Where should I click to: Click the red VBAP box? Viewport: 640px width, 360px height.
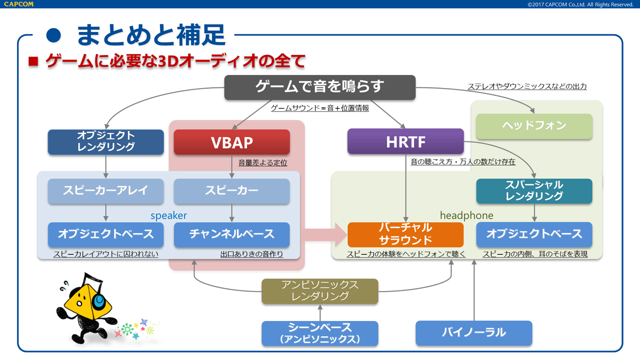[x=231, y=142]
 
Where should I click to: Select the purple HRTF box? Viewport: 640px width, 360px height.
[x=405, y=142]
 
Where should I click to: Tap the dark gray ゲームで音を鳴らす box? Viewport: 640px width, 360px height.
[x=319, y=87]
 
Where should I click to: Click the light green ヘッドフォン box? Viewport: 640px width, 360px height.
[x=534, y=126]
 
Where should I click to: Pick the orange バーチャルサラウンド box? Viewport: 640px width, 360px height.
[x=405, y=234]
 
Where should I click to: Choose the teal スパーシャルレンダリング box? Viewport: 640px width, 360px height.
[x=534, y=191]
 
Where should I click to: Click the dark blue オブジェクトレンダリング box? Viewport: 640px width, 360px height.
[x=105, y=141]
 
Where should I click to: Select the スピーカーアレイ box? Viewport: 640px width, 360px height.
[x=105, y=191]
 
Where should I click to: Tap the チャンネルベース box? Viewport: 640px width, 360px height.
[x=231, y=234]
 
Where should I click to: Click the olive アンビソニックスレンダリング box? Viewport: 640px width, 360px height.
[x=320, y=291]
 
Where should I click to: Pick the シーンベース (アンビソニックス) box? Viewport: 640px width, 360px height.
[x=320, y=333]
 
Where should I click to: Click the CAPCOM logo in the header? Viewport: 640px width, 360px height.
[x=17, y=4]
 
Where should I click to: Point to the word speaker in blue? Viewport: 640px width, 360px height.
[x=168, y=215]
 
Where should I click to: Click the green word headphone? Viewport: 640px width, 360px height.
[x=466, y=215]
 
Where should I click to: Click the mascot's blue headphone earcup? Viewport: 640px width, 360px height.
[x=99, y=300]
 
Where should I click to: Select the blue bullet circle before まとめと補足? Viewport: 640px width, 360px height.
[x=53, y=35]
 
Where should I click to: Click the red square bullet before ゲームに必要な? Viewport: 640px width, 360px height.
[x=33, y=61]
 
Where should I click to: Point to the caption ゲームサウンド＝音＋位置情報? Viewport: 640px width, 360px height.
[x=319, y=108]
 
